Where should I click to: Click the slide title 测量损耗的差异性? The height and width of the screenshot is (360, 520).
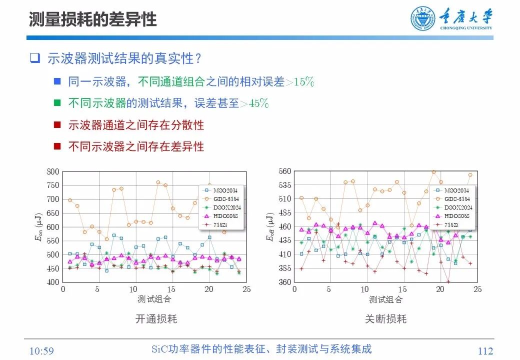click(92, 19)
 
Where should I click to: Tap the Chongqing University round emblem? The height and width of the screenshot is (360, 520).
click(423, 18)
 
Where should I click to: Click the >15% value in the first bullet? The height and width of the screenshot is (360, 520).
click(300, 82)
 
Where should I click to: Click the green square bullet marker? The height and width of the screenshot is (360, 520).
click(57, 103)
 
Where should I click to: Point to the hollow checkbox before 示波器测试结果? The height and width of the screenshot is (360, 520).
click(34, 58)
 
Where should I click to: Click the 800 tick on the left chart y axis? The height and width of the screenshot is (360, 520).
click(52, 171)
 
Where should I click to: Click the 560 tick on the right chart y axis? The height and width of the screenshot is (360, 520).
click(284, 171)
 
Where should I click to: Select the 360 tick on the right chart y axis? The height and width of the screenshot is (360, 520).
click(284, 282)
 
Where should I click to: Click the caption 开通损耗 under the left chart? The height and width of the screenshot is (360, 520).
click(156, 319)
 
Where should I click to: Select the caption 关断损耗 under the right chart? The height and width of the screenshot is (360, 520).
click(385, 319)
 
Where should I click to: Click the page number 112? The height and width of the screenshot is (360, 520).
click(484, 351)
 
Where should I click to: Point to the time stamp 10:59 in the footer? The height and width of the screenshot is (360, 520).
click(41, 351)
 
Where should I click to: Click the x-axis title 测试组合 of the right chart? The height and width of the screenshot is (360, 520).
click(385, 299)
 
